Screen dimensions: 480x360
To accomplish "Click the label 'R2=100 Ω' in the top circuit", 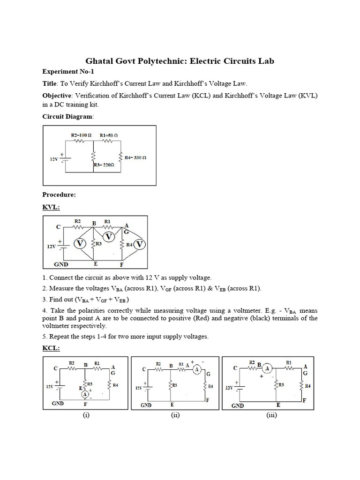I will (82, 135).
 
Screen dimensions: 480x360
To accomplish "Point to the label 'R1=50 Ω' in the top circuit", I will (109, 135).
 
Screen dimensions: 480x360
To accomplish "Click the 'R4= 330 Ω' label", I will (135, 158).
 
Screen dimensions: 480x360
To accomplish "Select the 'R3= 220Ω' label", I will (104, 165).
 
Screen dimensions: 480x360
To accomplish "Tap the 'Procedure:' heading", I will (59, 194).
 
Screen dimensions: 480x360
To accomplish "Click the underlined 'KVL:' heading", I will (51, 206).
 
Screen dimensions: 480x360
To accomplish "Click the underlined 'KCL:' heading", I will (51, 349).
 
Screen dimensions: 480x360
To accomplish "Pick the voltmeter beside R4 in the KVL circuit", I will (139, 244).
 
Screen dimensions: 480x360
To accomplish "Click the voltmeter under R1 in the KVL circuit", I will (109, 237).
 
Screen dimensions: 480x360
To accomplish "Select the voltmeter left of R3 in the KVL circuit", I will (80, 244).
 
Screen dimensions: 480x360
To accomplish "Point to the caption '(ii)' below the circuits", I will (176, 414).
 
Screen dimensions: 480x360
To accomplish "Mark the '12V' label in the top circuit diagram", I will (54, 159).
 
